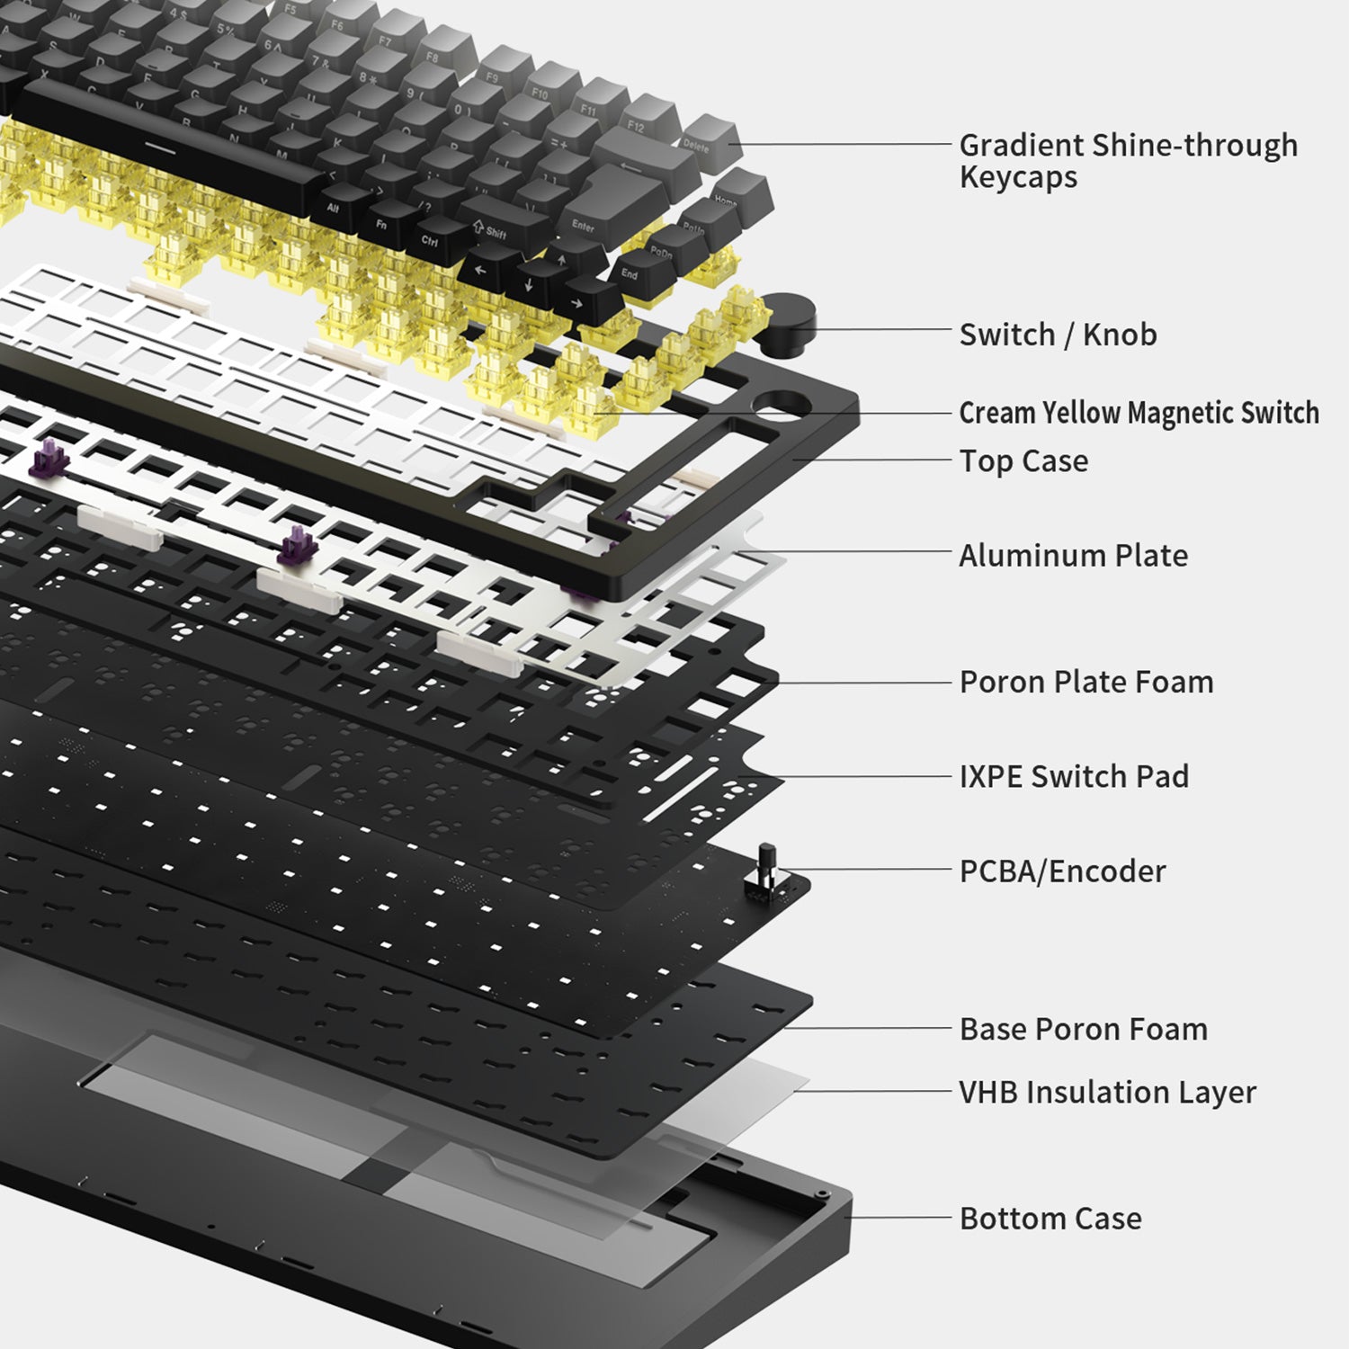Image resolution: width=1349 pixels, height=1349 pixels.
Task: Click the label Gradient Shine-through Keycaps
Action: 1128,160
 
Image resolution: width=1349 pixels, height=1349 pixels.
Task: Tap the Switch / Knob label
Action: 1058,335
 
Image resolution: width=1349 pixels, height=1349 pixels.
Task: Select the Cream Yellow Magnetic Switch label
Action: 1139,413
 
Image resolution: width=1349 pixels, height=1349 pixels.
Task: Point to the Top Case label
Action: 1023,461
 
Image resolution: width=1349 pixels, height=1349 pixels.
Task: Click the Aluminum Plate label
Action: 1073,556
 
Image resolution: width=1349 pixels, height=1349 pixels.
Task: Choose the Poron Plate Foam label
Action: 1086,682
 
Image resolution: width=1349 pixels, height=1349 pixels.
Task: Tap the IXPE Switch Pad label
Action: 1074,776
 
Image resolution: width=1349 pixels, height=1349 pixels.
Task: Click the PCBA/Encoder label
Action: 1062,871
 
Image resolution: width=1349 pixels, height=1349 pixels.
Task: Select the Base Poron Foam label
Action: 1084,1029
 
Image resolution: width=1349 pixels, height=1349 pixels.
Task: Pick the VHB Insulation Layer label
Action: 1107,1093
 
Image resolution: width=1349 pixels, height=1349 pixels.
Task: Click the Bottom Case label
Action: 1050,1219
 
